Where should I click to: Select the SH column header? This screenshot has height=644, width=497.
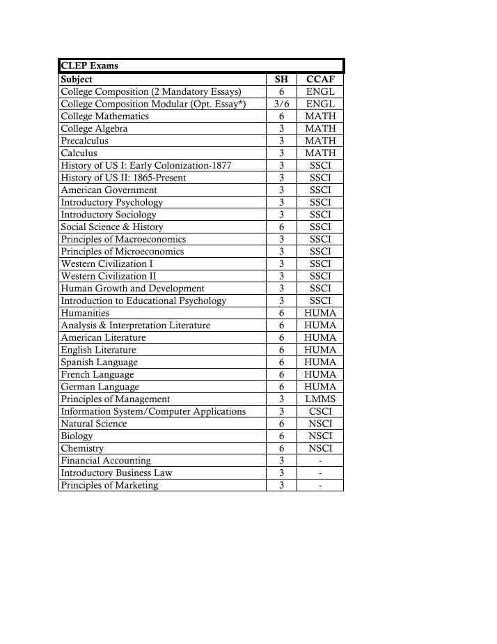pos(281,79)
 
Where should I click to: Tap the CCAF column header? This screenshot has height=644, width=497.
pos(320,79)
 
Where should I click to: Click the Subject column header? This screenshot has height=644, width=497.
pos(77,79)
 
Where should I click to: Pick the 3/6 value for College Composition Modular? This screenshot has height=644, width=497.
pos(281,104)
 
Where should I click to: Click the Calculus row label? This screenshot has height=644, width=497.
pos(79,153)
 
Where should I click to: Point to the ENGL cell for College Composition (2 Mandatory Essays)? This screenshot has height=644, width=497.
pos(320,92)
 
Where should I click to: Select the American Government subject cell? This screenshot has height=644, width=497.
pos(109,190)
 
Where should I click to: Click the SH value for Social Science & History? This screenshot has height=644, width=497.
pos(281,227)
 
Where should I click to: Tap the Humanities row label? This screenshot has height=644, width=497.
pos(85,313)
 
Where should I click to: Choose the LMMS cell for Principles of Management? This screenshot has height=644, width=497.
pos(320,399)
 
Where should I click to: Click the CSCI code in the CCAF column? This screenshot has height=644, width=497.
pos(320,411)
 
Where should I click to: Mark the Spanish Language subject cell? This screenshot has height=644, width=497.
pos(99,362)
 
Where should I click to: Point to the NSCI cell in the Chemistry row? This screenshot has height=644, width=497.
pos(320,448)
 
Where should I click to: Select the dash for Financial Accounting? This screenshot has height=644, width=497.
pos(320,461)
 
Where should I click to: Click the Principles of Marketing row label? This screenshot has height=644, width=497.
pos(109,485)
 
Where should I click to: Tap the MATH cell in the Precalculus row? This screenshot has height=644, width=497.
pos(320,141)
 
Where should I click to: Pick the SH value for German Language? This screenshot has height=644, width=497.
pos(281,387)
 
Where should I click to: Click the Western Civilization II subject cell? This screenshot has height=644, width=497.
pos(108,276)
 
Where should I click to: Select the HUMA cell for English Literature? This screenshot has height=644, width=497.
pos(320,350)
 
